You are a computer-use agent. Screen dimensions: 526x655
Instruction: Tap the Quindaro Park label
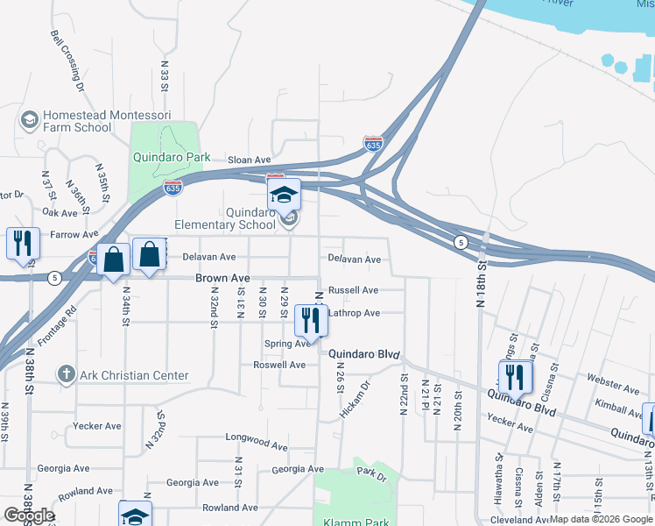click(x=172, y=158)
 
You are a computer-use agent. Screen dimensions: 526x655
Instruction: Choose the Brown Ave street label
click(x=222, y=278)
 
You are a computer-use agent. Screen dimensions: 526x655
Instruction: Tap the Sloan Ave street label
click(x=250, y=160)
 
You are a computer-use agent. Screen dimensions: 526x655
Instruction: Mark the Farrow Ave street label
click(x=74, y=235)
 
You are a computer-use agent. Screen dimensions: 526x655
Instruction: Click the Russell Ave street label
click(x=353, y=290)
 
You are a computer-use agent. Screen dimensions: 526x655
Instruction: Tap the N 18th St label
click(x=480, y=290)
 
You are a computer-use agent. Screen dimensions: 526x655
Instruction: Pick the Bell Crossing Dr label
click(x=67, y=61)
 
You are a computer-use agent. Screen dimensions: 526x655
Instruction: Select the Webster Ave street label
click(x=613, y=387)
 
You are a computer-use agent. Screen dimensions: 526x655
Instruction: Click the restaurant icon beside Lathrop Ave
click(x=311, y=320)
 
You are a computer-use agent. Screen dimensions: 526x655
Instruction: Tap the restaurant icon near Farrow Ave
click(x=22, y=245)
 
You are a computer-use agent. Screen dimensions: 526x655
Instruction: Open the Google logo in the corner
click(x=29, y=515)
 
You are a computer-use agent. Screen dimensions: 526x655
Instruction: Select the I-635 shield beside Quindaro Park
click(x=173, y=188)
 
